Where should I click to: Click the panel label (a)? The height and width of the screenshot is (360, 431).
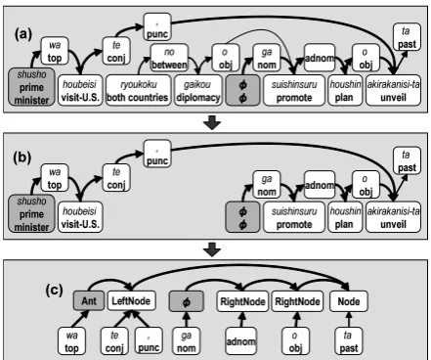pos(22,34)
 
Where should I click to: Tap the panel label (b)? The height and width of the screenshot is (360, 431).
pos(22,157)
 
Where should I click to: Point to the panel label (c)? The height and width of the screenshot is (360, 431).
pos(54,290)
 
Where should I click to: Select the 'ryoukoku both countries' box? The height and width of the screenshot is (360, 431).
pos(138,90)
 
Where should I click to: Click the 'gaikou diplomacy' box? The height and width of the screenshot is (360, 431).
pos(198,90)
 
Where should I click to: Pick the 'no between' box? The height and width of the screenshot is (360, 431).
pos(169,58)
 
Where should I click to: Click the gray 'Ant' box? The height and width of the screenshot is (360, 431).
pos(89,300)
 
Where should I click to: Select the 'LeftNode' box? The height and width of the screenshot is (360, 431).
pos(131,300)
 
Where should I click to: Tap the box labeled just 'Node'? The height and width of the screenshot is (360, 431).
pos(349,301)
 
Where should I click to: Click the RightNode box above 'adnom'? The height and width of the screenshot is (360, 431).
pos(242,301)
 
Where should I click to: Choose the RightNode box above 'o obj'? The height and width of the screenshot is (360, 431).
pos(297,301)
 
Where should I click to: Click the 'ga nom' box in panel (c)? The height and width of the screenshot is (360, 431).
pos(186,341)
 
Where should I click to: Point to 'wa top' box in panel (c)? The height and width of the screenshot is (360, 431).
pos(71,341)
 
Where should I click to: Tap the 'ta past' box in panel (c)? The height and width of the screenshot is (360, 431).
pos(348,341)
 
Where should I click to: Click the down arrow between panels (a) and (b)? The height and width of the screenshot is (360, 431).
pos(212,122)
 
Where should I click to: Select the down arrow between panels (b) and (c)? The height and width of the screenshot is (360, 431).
pos(212,249)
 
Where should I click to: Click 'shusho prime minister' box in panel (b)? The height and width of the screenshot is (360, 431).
pos(31,213)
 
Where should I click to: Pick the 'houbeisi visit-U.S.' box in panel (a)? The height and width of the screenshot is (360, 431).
pos(80,90)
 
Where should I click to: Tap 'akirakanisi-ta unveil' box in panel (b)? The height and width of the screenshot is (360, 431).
pos(393,217)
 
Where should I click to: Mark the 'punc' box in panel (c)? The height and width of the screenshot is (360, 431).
pos(149,341)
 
